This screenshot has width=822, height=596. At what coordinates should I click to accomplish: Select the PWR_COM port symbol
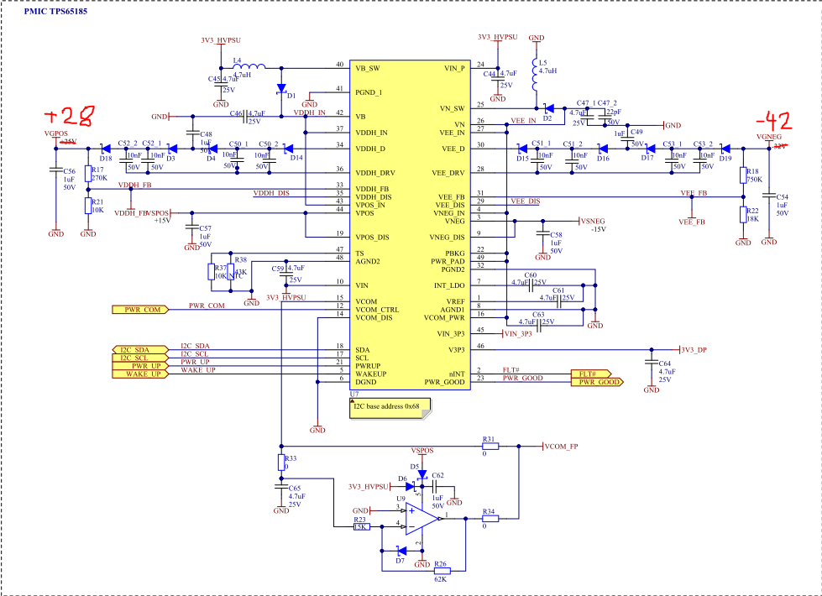(x=139, y=309)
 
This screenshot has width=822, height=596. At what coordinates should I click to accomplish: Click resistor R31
(x=490, y=447)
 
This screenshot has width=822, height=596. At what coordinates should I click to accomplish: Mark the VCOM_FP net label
(x=561, y=447)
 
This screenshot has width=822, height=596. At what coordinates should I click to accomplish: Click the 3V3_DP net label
(x=694, y=349)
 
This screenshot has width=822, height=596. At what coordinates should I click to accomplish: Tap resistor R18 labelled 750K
(x=743, y=175)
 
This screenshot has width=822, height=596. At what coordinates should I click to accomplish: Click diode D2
(x=547, y=107)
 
